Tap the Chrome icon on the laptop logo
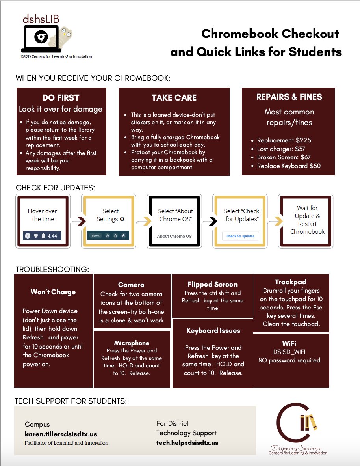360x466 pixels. tap(39, 37)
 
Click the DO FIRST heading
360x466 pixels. tap(61, 98)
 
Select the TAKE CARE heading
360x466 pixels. tap(174, 98)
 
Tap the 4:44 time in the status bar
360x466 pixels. tap(52, 236)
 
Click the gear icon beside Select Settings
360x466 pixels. tap(122, 219)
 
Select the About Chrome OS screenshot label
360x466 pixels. tap(174, 236)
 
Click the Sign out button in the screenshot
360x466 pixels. tap(96, 235)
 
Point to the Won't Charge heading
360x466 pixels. tap(53, 292)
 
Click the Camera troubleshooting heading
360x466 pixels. tap(131, 285)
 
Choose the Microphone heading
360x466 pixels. tap(132, 343)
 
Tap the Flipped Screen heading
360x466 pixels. tap(213, 284)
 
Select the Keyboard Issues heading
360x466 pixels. tap(213, 330)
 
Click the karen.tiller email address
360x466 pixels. tap(61, 434)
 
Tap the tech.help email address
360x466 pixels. tap(187, 443)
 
